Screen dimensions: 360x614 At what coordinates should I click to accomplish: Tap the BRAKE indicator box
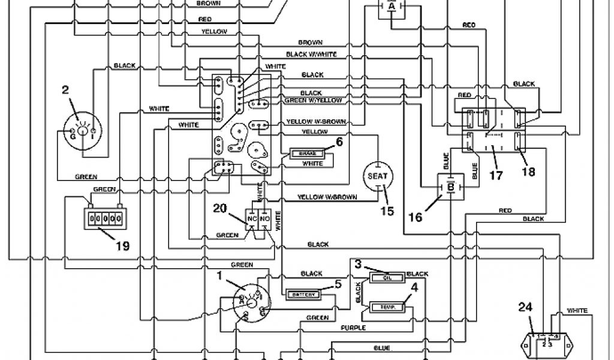tap(308, 154)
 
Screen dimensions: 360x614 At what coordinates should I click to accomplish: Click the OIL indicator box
tap(387, 277)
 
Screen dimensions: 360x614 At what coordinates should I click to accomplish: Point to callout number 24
tap(525, 308)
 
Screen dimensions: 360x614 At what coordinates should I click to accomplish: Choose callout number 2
tap(65, 91)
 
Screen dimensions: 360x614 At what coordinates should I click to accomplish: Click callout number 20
tap(220, 208)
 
